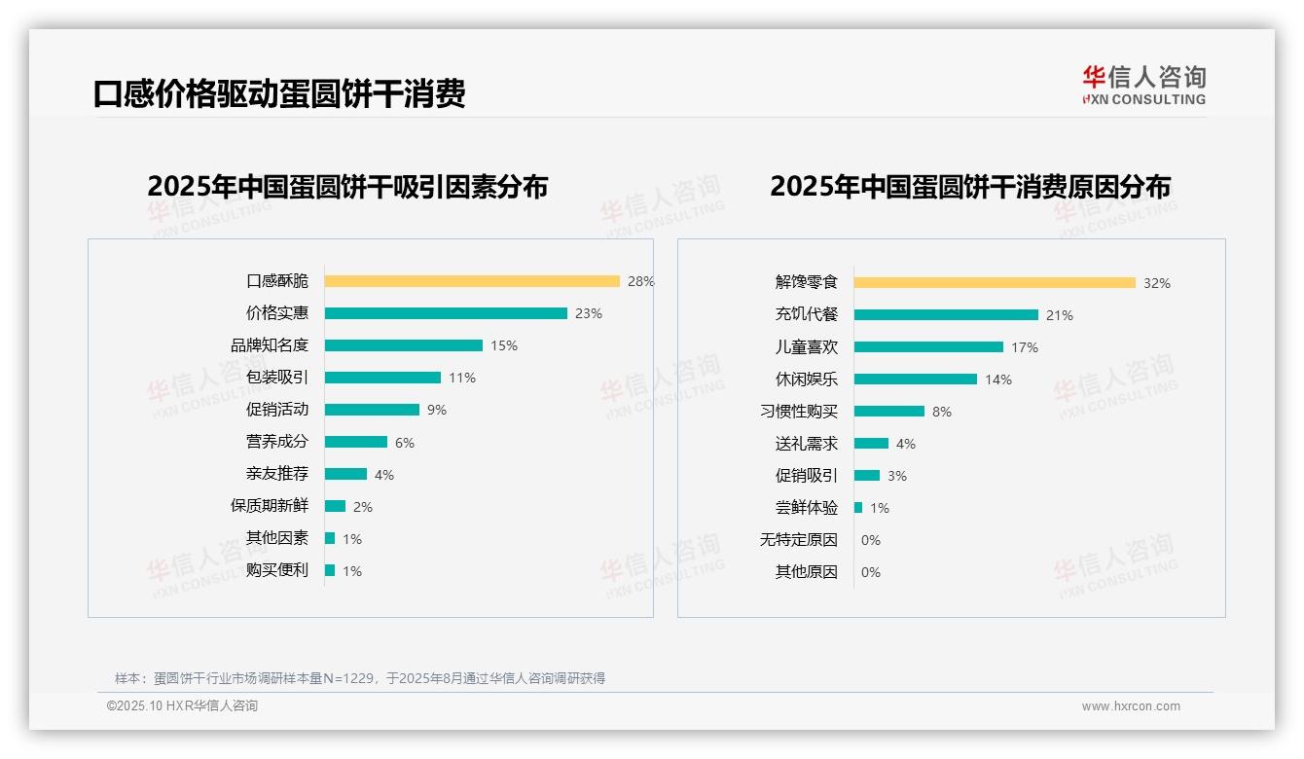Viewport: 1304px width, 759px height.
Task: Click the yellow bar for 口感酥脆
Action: click(472, 281)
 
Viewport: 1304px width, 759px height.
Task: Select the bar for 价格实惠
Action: click(446, 313)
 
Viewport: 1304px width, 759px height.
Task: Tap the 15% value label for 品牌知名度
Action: click(504, 345)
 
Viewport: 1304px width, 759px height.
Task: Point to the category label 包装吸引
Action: click(276, 378)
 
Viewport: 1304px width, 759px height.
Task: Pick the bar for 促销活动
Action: click(372, 410)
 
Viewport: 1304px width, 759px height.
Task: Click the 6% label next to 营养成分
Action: click(405, 443)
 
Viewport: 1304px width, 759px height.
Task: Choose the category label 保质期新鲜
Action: click(269, 506)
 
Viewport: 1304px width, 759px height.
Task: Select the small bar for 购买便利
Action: click(330, 570)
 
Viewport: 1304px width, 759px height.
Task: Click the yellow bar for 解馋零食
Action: click(995, 283)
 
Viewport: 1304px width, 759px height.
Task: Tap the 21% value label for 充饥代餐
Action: click(1060, 315)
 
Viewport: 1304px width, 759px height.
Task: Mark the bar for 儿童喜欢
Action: click(928, 347)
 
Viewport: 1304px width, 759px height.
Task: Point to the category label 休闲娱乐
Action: click(806, 379)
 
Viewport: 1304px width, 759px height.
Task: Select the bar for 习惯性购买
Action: click(889, 412)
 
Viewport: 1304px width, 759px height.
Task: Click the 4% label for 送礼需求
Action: click(906, 444)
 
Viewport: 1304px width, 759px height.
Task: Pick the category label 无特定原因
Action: click(798, 540)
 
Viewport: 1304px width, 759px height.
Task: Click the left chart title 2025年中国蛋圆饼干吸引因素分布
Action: click(347, 187)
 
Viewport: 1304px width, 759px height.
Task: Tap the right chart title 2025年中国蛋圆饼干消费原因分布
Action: click(970, 187)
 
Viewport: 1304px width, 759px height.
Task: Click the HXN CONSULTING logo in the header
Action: click(1143, 86)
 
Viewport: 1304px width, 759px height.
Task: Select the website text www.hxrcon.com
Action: click(1131, 706)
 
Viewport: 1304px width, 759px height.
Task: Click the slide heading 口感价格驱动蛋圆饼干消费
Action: click(279, 93)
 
